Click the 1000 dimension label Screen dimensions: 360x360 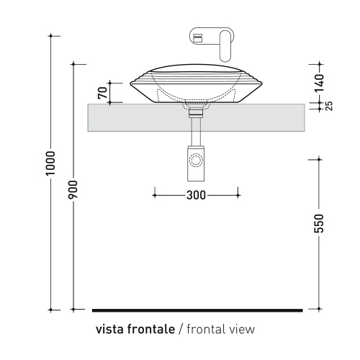50,165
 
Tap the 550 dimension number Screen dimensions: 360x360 320,223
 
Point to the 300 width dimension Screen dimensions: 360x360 196,194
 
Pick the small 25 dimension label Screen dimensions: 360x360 329,106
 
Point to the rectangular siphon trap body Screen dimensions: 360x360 196,163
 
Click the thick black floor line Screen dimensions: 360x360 197,310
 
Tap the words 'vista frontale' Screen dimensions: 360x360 135,330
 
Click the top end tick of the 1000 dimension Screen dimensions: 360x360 50,34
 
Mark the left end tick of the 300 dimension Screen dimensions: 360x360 154,194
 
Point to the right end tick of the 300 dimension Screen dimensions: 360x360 238,194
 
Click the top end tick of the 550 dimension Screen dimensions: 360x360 320,158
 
